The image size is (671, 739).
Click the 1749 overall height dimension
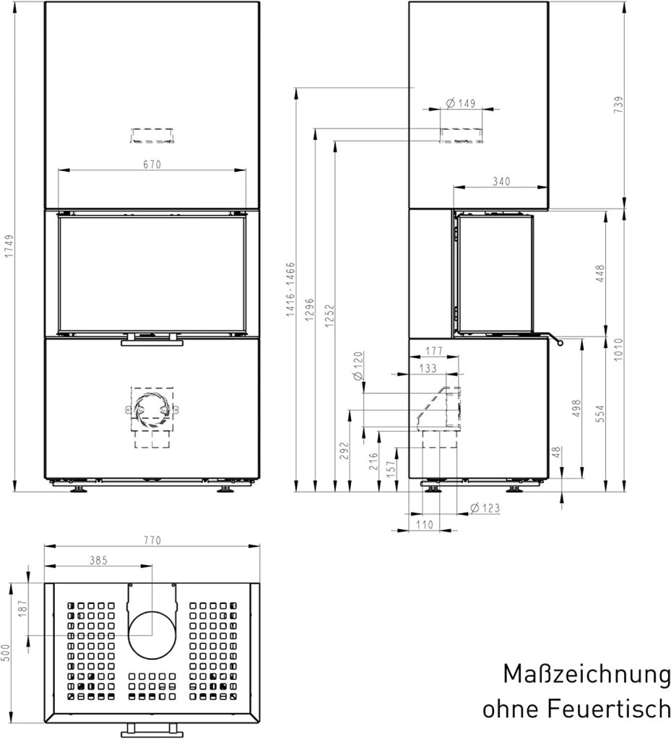click(9, 246)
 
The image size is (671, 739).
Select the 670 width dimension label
click(152, 165)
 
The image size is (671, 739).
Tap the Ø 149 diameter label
click(461, 103)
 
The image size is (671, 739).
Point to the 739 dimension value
click(619, 104)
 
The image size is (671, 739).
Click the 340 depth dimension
click(501, 181)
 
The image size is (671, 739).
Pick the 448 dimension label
click(599, 274)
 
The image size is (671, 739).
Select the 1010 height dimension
click(618, 350)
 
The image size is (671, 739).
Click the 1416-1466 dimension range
click(290, 289)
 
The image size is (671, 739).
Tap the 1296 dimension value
click(309, 310)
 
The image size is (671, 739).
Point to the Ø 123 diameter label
click(485, 508)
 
